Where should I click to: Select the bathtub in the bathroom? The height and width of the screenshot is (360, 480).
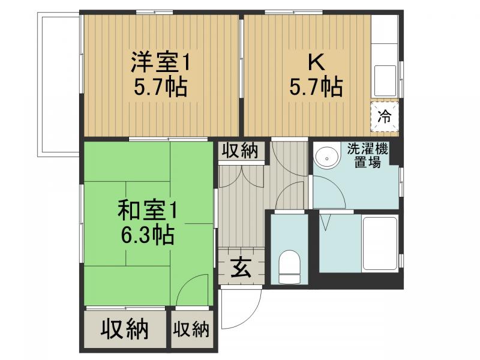click(380, 243)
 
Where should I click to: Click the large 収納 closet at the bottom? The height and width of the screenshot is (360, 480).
click(124, 329)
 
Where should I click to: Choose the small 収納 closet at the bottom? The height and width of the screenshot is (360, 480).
click(191, 329)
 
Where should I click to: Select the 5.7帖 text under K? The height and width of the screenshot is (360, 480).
click(316, 88)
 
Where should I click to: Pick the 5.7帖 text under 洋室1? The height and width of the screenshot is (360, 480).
click(160, 88)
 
